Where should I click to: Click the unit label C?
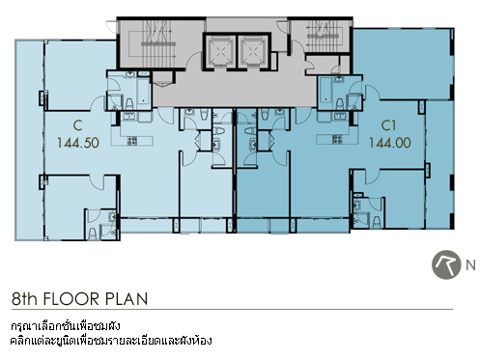point(77,125)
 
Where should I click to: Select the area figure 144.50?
point(78,143)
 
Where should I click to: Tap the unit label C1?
point(388,125)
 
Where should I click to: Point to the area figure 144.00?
point(390,143)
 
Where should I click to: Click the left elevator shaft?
point(219,51)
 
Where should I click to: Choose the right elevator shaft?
point(254,51)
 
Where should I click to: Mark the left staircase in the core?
point(157,43)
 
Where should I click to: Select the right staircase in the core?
point(323,36)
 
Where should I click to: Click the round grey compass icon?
point(446,264)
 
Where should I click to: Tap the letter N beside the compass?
point(470,265)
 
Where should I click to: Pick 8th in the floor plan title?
point(24,298)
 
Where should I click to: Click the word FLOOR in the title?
point(71,299)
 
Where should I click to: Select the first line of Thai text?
point(66,325)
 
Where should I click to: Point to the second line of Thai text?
point(111,340)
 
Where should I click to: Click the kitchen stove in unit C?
point(132,141)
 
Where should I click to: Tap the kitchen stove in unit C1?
point(337,139)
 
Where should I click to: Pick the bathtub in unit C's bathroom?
point(144,91)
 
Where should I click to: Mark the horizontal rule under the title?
point(232,310)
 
